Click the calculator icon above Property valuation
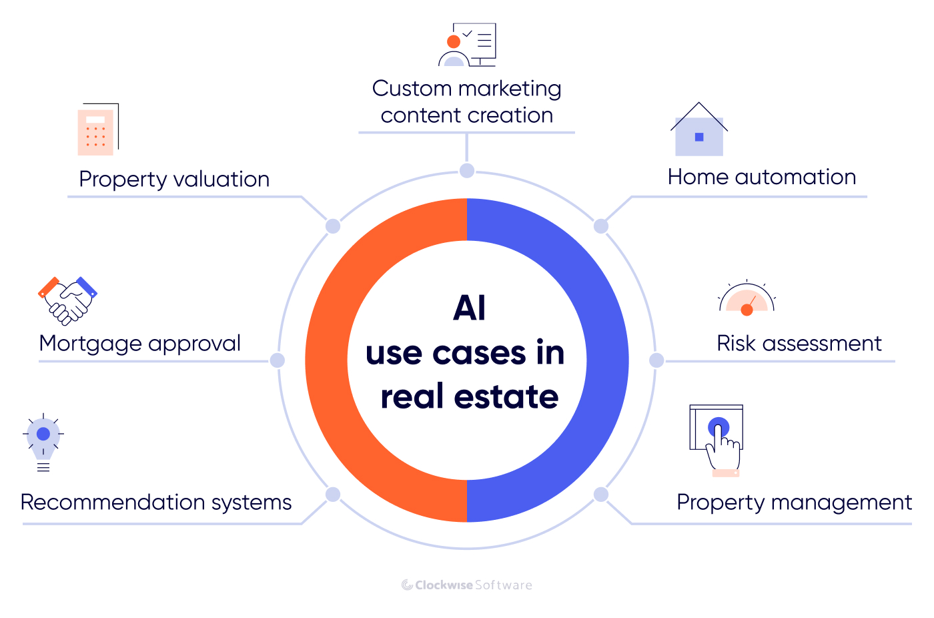pos(97,130)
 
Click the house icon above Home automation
pos(698,130)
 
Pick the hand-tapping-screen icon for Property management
pos(717,440)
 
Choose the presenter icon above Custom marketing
pos(467,45)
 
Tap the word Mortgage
pos(90,344)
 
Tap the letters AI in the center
pos(469,308)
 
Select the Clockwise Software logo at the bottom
pos(466,585)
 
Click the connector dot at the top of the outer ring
pos(467,171)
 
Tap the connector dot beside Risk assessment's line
pos(656,360)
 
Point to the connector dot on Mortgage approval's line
pos(278,360)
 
